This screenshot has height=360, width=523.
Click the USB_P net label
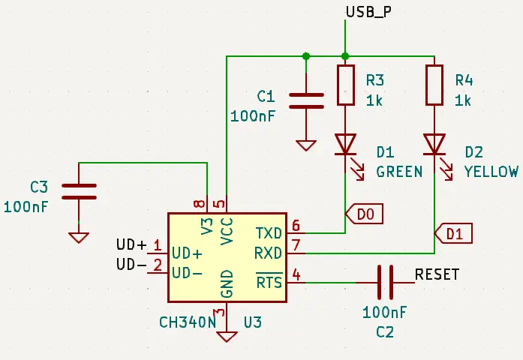click(368, 12)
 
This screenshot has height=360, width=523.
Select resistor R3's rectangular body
click(346, 85)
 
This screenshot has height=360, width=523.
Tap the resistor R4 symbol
click(434, 85)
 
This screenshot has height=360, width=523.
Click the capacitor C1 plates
click(306, 101)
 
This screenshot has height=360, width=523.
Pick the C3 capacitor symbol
click(79, 192)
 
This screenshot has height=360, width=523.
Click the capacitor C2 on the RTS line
click(385, 282)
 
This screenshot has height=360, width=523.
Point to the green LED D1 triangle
click(346, 144)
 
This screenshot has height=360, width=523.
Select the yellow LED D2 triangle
click(434, 144)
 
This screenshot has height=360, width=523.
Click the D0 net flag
click(364, 214)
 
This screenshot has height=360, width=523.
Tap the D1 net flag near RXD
click(453, 233)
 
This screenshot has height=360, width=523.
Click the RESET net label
click(437, 274)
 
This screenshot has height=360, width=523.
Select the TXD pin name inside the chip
click(269, 233)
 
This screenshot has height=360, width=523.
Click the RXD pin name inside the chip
click(268, 253)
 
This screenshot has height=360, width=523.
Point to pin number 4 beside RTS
click(296, 275)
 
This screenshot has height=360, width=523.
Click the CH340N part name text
click(188, 322)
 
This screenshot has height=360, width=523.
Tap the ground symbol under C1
click(306, 145)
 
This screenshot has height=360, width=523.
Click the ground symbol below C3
click(79, 238)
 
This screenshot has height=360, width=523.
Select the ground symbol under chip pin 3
click(227, 337)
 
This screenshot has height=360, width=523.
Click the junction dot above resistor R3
click(346, 56)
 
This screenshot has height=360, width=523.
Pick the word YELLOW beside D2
click(491, 172)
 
